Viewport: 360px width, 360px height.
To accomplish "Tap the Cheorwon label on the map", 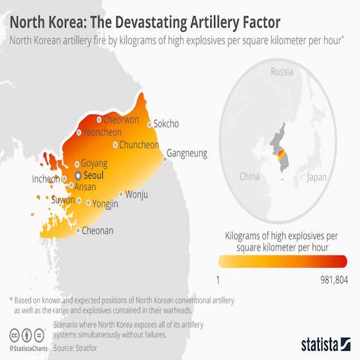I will (122, 120).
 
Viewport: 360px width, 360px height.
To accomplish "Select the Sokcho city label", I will (166, 123).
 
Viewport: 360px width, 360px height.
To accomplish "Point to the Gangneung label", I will (188, 154).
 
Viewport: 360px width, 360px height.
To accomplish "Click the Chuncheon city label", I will (139, 145).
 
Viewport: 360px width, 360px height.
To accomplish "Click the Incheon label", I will (46, 179).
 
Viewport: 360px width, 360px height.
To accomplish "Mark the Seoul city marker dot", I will (78, 175).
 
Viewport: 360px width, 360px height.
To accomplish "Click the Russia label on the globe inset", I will (282, 71).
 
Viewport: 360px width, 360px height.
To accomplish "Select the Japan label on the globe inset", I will (318, 177).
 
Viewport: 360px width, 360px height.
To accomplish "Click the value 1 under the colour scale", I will (219, 280).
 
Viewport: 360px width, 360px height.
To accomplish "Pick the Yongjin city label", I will (106, 204).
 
